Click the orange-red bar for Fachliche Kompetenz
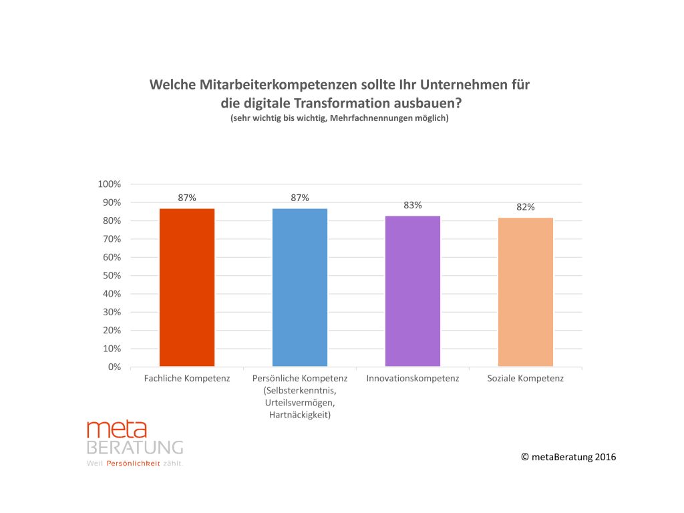pyautogui.click(x=187, y=287)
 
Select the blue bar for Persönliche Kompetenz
pyautogui.click(x=300, y=287)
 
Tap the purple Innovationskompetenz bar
pyautogui.click(x=413, y=291)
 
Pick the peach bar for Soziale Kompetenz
pyautogui.click(x=526, y=292)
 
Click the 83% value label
pyautogui.click(x=413, y=205)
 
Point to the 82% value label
pyautogui.click(x=526, y=207)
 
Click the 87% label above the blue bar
pyautogui.click(x=300, y=198)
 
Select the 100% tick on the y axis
pyautogui.click(x=110, y=184)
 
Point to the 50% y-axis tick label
pyautogui.click(x=111, y=276)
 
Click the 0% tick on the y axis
pyautogui.click(x=114, y=367)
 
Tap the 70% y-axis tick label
pyautogui.click(x=111, y=239)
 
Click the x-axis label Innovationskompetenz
pyautogui.click(x=413, y=379)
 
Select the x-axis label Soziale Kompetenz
pyautogui.click(x=526, y=379)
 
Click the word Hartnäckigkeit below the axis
pyautogui.click(x=301, y=415)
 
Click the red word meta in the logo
pyautogui.click(x=117, y=430)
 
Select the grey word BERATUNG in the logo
pyautogui.click(x=135, y=448)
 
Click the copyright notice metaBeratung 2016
pyautogui.click(x=568, y=457)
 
